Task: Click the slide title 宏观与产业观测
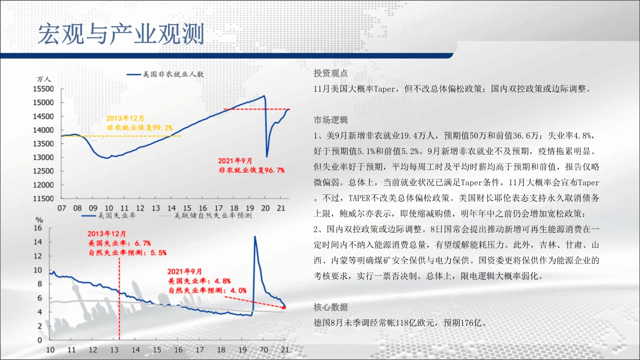pyautogui.click(x=121, y=34)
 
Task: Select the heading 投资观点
pyautogui.click(x=331, y=73)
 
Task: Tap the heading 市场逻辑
pyautogui.click(x=331, y=120)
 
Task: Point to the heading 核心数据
pyautogui.click(x=331, y=307)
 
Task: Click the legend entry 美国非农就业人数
pyautogui.click(x=166, y=74)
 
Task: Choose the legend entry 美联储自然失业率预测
pyautogui.click(x=205, y=216)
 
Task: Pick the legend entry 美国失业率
pyautogui.click(x=109, y=216)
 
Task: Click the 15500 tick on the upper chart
pyautogui.click(x=43, y=89)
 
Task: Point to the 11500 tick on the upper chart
pyautogui.click(x=43, y=198)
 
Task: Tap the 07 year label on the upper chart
pyautogui.click(x=62, y=208)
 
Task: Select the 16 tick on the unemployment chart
pyautogui.click(x=38, y=228)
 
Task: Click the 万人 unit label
pyautogui.click(x=43, y=79)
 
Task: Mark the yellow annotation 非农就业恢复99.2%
pyautogui.click(x=139, y=127)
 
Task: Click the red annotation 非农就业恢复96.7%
pyautogui.click(x=252, y=170)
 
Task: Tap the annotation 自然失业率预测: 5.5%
pyautogui.click(x=127, y=252)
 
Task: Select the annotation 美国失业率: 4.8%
pyautogui.click(x=199, y=281)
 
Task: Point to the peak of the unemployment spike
pyautogui.click(x=254, y=237)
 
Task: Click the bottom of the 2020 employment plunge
pyautogui.click(x=267, y=156)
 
